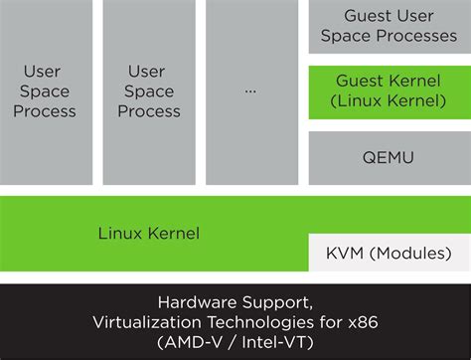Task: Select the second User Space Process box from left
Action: point(148,90)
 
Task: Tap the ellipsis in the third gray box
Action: point(250,90)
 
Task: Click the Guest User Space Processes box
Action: point(388,27)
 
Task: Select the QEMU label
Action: point(388,157)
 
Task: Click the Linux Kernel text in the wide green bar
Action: point(148,234)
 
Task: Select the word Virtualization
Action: point(142,321)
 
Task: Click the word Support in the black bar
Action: point(279,301)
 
